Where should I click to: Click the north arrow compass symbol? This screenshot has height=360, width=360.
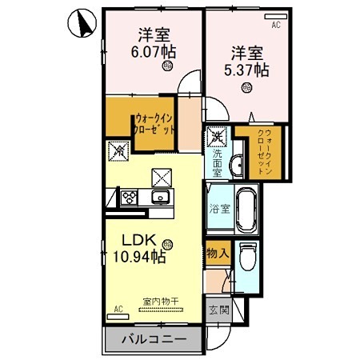click(78, 23)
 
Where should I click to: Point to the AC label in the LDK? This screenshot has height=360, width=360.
click(118, 308)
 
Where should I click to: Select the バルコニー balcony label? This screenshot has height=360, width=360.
click(154, 339)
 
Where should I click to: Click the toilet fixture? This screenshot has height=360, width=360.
click(247, 259)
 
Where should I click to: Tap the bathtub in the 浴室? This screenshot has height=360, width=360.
click(245, 210)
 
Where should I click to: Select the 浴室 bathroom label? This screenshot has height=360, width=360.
click(219, 210)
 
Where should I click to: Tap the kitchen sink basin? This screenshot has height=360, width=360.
click(161, 197)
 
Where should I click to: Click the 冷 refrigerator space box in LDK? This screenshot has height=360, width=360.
click(118, 149)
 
